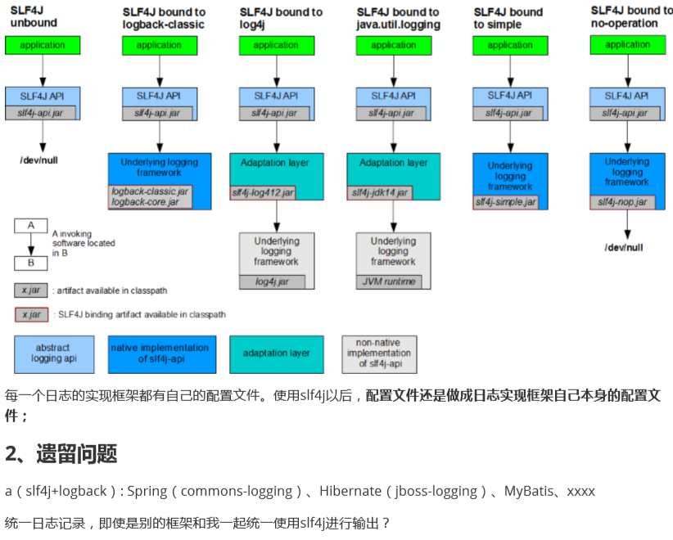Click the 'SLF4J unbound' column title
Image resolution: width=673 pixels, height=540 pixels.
coord(34,18)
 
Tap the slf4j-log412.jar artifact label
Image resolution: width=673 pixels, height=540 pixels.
coord(263,193)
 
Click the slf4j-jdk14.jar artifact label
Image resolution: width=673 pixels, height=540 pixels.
coord(380,193)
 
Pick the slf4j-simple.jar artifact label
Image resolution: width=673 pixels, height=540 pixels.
coord(505,201)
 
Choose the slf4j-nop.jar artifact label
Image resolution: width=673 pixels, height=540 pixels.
coord(622,201)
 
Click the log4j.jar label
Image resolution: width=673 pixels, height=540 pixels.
coord(272,282)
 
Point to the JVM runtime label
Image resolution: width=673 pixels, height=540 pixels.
coord(389,282)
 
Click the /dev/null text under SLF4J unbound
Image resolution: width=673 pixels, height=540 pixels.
coord(38,160)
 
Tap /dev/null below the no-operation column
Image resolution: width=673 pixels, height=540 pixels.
coord(624,247)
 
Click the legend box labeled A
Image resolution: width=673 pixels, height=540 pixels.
coord(31,225)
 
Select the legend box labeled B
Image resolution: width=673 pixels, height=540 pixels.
coord(31,263)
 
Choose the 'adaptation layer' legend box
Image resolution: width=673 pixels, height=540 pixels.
coord(277,353)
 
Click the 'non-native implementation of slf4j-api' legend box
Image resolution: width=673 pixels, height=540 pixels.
coord(379,354)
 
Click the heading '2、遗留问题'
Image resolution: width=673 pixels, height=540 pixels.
coord(61,454)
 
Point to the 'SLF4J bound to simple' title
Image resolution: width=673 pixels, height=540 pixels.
coord(508,18)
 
